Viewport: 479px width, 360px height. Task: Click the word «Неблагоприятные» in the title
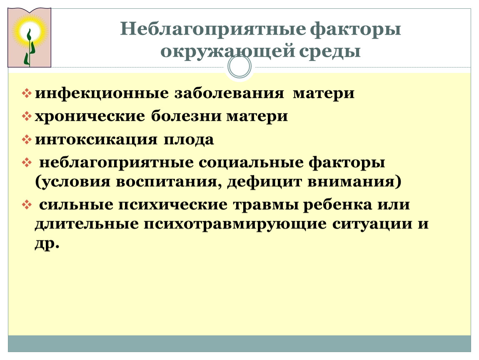[x=213, y=29]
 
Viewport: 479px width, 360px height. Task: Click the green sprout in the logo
[x=29, y=47]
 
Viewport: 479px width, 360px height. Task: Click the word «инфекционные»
[x=102, y=93]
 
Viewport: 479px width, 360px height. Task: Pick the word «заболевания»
[x=229, y=93]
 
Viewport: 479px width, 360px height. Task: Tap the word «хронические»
[x=90, y=116]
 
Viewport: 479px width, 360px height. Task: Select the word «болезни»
[x=186, y=116]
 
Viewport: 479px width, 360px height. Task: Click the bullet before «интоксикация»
[x=27, y=140]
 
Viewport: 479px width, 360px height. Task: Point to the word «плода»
[x=189, y=140]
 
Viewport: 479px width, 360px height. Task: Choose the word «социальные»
[x=251, y=162]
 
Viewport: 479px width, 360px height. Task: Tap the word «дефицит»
[x=264, y=182]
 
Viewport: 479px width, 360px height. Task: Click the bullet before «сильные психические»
[x=27, y=205]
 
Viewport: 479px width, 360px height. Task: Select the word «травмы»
[x=266, y=205]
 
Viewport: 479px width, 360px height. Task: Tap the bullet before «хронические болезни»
[x=27, y=116]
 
